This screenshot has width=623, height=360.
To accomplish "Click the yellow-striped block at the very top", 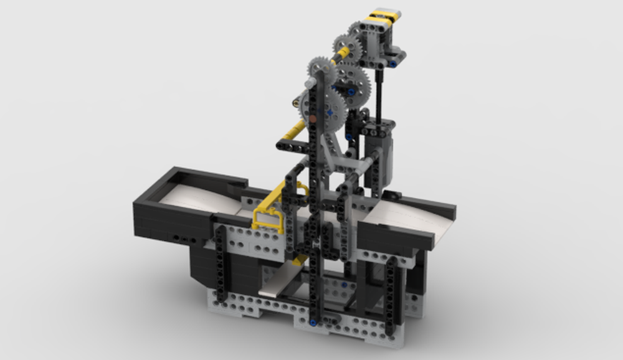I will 384,16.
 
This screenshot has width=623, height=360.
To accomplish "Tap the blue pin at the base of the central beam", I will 312,321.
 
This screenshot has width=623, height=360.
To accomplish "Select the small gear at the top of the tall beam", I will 321,69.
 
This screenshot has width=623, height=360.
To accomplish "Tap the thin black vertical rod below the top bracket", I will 379,93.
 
